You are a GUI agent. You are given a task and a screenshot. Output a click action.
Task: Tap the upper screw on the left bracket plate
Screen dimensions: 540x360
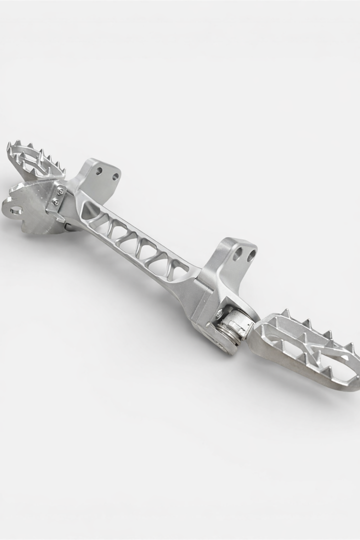[x=60, y=190]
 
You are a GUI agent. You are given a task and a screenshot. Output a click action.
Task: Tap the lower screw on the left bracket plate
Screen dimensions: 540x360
[x=55, y=202]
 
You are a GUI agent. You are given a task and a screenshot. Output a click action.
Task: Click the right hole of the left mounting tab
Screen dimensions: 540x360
[x=115, y=176]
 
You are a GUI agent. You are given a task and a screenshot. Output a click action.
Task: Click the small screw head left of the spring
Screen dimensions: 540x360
[x=218, y=315]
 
